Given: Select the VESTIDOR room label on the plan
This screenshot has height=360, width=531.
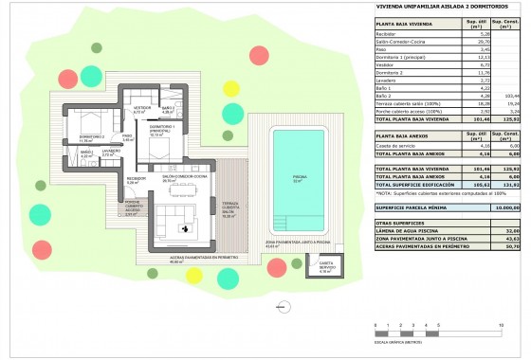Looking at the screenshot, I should (x=141, y=109).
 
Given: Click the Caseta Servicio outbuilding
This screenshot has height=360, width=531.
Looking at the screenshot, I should (x=325, y=266).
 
